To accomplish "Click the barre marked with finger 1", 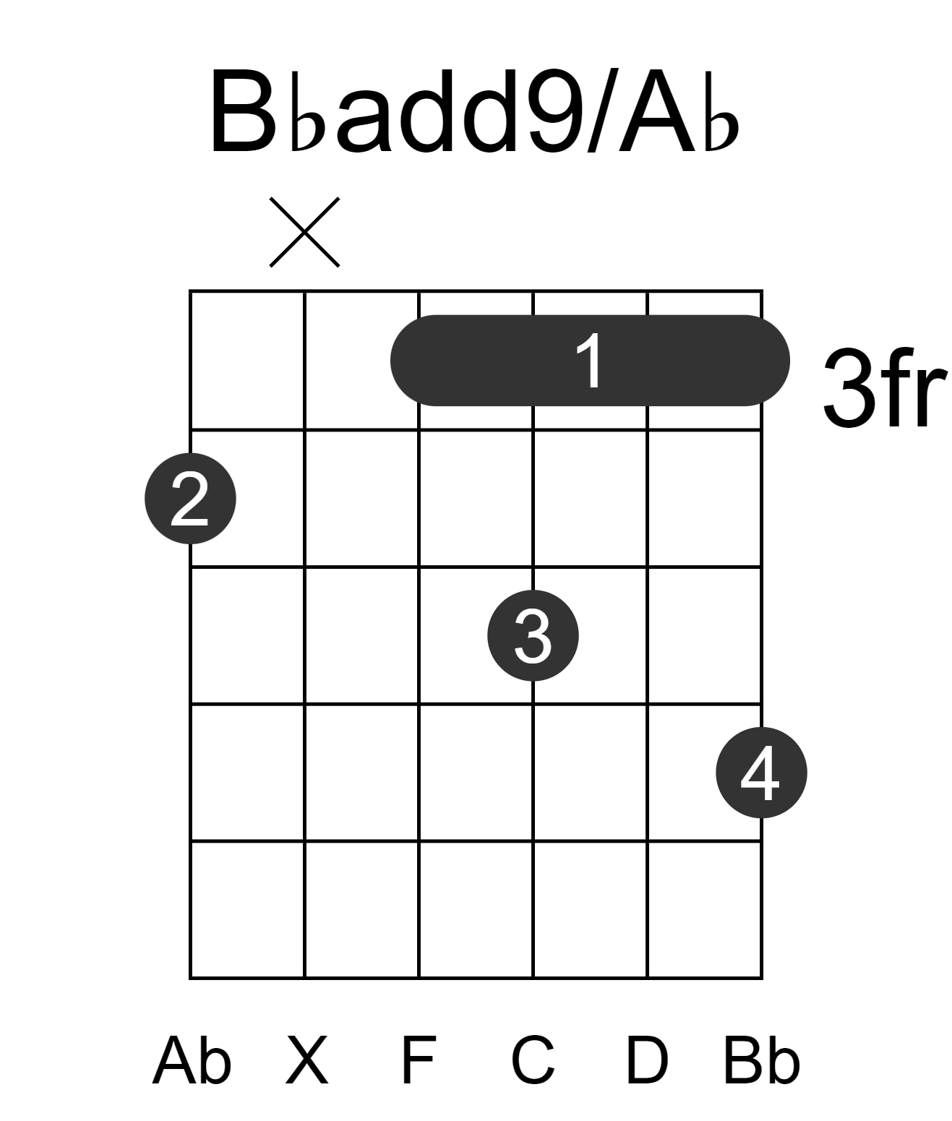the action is pos(590,360).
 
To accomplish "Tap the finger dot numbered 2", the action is pos(190,498).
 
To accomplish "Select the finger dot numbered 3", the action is pos(533,635).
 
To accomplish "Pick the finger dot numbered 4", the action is pos(762,773).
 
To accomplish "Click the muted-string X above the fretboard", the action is pos(305,232).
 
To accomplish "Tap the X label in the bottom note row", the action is pos(307,1060).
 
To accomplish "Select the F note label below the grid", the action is pos(419,1060).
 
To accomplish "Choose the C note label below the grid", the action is pos(533,1060).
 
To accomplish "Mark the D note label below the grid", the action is pos(647,1060).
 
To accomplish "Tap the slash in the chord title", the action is pos(603,111).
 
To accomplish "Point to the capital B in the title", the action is pos(243,111).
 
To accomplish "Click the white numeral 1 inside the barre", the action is pos(590,361).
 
